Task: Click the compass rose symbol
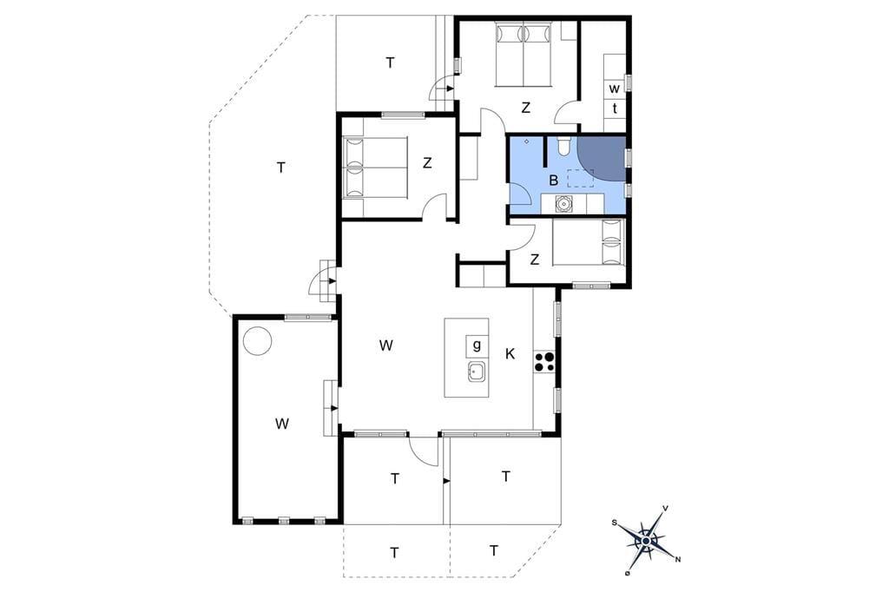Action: coord(646,541)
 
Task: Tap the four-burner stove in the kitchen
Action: coord(544,362)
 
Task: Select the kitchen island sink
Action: coord(477,372)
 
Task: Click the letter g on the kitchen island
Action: coord(477,345)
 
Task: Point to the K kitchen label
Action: coord(510,354)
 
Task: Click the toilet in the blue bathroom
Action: coord(563,146)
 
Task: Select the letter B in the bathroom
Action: coord(554,181)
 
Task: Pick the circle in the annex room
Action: coord(257,341)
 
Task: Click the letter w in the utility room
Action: coord(615,89)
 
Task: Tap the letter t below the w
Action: coord(615,109)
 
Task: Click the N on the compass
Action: coord(678,560)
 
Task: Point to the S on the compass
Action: coord(614,523)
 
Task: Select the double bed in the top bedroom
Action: coord(524,55)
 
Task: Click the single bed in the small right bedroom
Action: coord(588,242)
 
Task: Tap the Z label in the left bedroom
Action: coord(427,163)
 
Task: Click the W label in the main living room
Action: coord(386,345)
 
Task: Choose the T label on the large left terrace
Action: coord(280,168)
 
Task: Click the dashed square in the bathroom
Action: coord(581,178)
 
